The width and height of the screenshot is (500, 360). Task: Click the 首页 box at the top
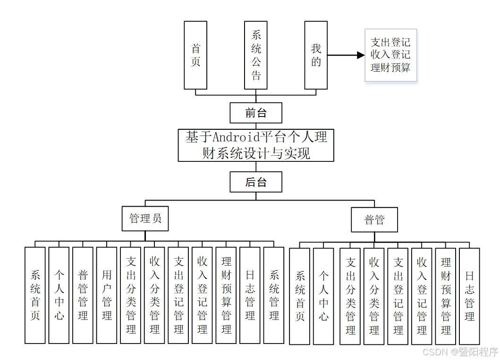195,55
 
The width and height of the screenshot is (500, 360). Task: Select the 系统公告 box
256,55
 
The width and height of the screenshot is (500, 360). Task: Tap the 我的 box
316,55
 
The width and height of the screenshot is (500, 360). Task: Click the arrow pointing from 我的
346,55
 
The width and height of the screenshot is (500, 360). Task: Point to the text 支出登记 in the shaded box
390,42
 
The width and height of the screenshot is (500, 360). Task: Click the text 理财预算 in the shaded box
390,67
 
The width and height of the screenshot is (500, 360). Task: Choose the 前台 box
256,113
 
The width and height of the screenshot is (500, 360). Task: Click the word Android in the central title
237,137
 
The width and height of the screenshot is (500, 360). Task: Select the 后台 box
256,182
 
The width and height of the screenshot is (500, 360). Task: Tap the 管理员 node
145,218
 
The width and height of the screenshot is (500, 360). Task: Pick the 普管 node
374,219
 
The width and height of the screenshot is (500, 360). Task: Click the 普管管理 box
83,295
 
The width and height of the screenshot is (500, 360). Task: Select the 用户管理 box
107,295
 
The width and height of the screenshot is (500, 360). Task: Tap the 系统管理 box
274,295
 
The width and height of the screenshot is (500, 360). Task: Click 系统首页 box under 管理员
35,295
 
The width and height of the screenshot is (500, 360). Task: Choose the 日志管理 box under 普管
469,296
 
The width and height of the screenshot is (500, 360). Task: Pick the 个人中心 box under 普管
323,296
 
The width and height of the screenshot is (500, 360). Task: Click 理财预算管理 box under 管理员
226,295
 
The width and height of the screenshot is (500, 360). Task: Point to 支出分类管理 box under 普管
350,296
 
